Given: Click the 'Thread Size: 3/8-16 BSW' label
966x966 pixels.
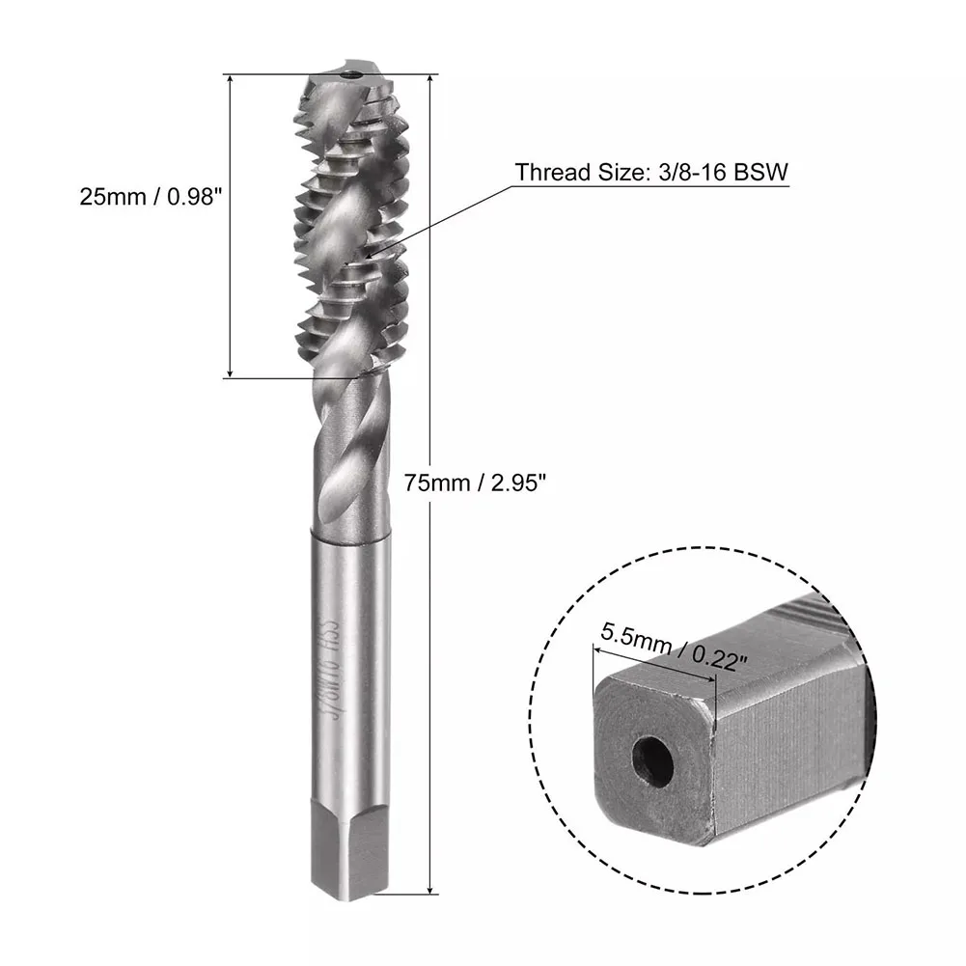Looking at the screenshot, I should tap(652, 173).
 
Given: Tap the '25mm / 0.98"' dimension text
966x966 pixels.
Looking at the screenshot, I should tap(145, 197).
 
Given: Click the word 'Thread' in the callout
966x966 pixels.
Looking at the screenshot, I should tap(546, 173).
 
